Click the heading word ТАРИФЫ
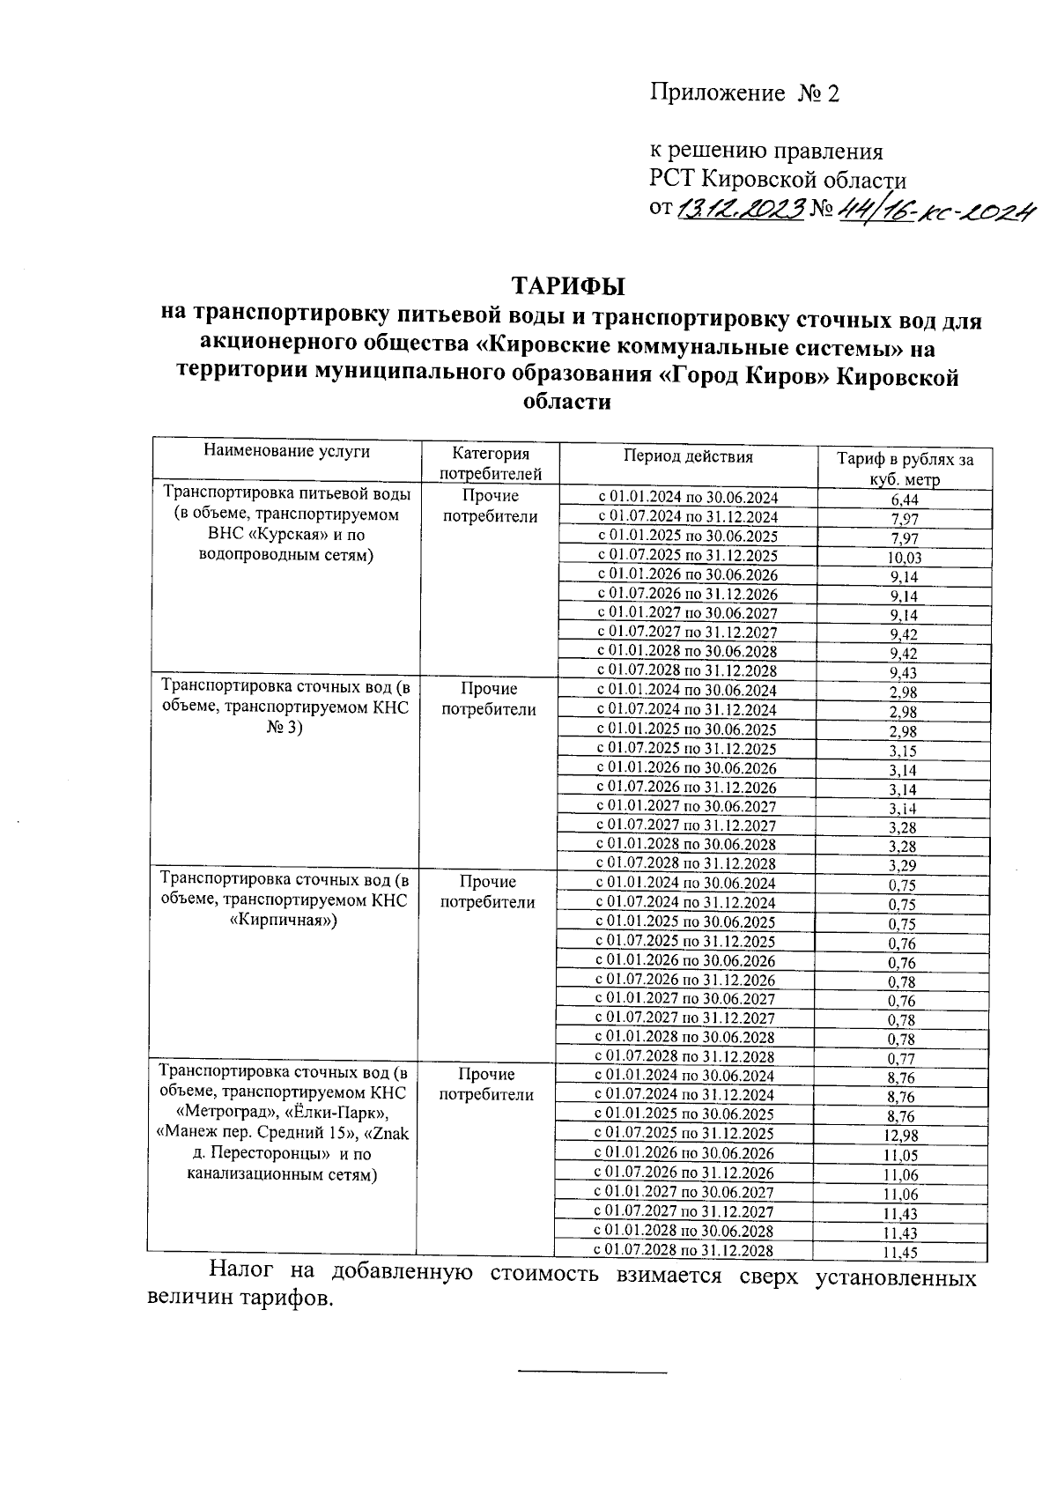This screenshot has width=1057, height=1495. [567, 287]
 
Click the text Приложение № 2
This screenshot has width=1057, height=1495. [744, 93]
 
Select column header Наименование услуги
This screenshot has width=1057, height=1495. [287, 452]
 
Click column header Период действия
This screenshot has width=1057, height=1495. [688, 456]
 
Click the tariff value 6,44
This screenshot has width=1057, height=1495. [905, 500]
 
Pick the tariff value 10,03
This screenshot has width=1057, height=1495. [905, 558]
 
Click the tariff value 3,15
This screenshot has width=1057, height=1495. [903, 751]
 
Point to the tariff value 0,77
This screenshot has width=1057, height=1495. [902, 1059]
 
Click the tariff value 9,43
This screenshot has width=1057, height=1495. [904, 673]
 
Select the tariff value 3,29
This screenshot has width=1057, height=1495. [903, 866]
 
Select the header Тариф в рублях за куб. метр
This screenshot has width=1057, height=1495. [904, 469]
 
